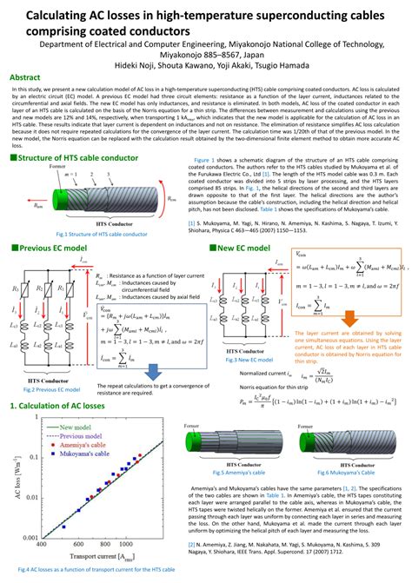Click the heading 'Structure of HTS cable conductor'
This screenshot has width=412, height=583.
click(x=77, y=157)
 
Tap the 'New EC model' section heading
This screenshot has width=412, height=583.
click(x=248, y=248)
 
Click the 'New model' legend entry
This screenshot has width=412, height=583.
click(x=76, y=428)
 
